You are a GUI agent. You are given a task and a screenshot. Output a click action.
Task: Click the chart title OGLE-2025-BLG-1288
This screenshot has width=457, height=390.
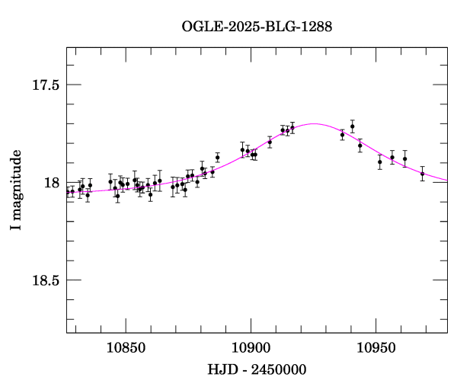pyautogui.click(x=257, y=27)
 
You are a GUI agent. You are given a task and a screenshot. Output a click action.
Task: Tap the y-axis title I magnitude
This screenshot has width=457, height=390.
pyautogui.click(x=15, y=190)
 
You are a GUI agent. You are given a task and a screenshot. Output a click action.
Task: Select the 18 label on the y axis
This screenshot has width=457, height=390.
pyautogui.click(x=52, y=183)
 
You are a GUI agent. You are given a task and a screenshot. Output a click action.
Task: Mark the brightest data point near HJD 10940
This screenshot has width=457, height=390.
pyautogui.click(x=352, y=126)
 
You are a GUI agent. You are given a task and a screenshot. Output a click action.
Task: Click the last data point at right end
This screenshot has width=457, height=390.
pyautogui.click(x=422, y=174)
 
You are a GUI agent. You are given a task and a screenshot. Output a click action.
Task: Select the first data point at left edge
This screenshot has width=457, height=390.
pyautogui.click(x=68, y=192)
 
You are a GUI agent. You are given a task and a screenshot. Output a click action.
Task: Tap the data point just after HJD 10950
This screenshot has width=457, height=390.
pyautogui.click(x=379, y=161)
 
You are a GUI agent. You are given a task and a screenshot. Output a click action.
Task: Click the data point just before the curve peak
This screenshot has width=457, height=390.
pyautogui.click(x=292, y=128)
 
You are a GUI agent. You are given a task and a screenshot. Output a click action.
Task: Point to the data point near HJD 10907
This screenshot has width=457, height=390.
pyautogui.click(x=270, y=142)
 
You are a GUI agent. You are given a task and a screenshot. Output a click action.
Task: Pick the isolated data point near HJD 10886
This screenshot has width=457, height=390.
pyautogui.click(x=217, y=158)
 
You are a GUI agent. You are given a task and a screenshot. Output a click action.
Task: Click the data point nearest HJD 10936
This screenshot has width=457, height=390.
pyautogui.click(x=342, y=135)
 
